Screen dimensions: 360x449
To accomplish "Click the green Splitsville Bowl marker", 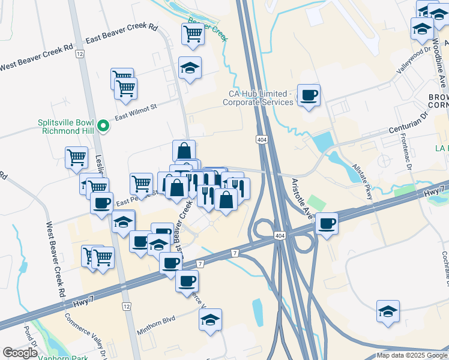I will (x=103, y=125).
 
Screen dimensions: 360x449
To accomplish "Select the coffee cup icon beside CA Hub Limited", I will (x=309, y=95).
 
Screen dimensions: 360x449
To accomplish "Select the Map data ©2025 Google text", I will (x=412, y=355).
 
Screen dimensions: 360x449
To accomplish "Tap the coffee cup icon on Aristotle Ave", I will (x=327, y=223).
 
